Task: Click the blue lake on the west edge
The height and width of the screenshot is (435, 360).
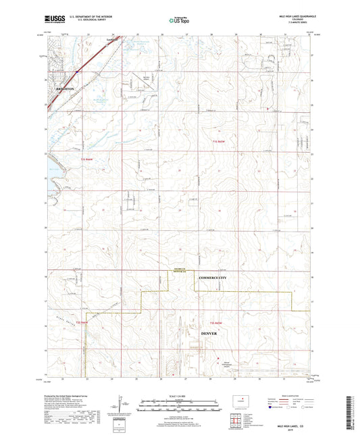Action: (x=51, y=164)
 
